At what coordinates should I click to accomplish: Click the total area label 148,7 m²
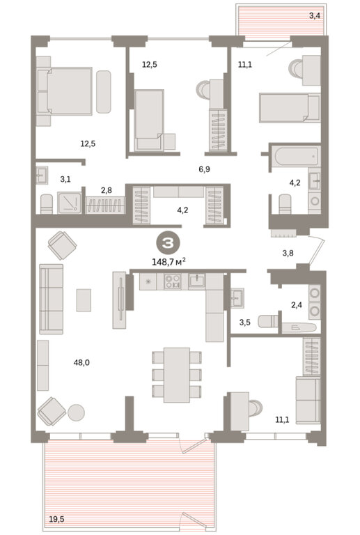click(x=169, y=262)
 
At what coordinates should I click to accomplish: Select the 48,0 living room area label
click(x=81, y=362)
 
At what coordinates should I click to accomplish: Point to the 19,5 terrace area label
click(x=56, y=519)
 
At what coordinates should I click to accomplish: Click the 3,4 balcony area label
click(x=315, y=15)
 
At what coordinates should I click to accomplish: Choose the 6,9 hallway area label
click(x=204, y=169)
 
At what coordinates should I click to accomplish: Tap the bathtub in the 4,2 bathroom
click(x=295, y=155)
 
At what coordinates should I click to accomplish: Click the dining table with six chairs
click(x=176, y=375)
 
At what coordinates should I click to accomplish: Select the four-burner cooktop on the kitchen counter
click(x=172, y=281)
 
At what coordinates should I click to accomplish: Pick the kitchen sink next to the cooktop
click(x=196, y=281)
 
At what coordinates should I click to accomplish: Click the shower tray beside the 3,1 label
click(x=70, y=203)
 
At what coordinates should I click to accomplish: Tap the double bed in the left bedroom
click(x=65, y=91)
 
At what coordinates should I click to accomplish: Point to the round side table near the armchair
click(x=76, y=412)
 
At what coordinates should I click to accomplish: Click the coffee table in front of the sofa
click(x=84, y=300)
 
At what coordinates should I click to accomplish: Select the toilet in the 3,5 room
click(x=268, y=321)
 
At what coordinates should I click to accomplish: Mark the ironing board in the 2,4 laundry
click(x=299, y=327)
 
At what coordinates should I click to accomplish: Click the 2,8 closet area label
click(x=107, y=190)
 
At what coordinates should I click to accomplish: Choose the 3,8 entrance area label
click(x=288, y=253)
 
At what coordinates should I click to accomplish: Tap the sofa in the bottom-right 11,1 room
click(x=308, y=400)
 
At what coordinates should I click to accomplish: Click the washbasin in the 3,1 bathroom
click(x=42, y=175)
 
